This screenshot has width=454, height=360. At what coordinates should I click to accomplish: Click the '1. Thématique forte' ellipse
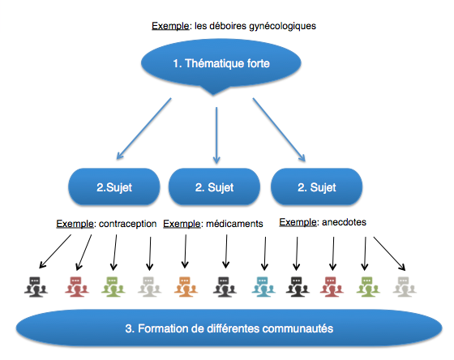click(x=221, y=64)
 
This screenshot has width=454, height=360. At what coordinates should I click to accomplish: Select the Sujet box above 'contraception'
click(x=114, y=186)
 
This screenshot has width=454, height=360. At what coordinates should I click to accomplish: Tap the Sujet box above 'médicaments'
click(x=214, y=186)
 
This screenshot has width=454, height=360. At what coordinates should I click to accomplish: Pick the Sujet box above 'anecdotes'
click(x=316, y=186)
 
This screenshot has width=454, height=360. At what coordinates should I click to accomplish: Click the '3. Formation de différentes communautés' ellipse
click(x=229, y=328)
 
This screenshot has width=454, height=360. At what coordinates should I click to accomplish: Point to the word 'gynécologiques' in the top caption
click(x=283, y=27)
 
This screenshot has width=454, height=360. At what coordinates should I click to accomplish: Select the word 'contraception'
click(x=128, y=224)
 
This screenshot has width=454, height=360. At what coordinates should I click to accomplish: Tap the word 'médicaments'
click(x=234, y=224)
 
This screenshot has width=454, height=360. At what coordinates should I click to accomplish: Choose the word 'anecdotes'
click(x=344, y=222)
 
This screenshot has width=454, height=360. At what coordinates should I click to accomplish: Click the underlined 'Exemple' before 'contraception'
click(x=75, y=224)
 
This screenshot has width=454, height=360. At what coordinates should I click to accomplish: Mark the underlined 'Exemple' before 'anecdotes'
click(x=298, y=222)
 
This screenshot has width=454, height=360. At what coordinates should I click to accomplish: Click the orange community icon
click(x=186, y=287)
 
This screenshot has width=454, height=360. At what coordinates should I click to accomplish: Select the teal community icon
click(x=263, y=287)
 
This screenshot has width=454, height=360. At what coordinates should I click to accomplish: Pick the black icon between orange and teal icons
click(x=225, y=287)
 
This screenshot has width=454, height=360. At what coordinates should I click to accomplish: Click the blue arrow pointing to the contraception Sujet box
click(x=144, y=129)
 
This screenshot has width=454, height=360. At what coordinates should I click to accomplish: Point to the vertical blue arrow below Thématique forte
click(x=216, y=135)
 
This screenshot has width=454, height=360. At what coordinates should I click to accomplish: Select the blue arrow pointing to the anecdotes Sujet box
click(x=279, y=130)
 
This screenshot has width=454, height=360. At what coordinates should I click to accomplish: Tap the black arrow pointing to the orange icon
click(x=186, y=251)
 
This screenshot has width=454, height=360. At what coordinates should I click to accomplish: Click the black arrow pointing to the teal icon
click(x=265, y=254)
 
